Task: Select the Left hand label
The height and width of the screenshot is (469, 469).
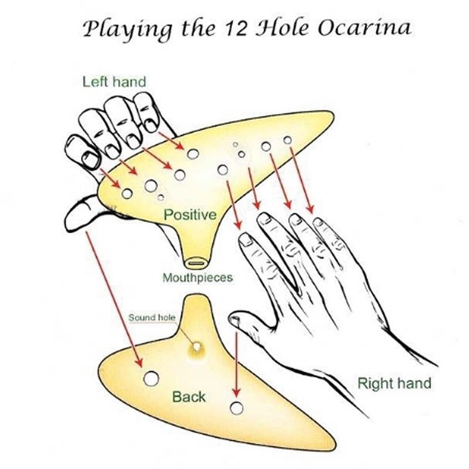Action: coord(114,81)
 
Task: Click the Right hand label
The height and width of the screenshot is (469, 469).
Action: coord(394,384)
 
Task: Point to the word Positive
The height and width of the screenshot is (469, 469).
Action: coord(190,215)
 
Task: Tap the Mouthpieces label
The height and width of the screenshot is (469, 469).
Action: coord(198,277)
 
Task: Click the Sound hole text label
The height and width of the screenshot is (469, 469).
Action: coord(151,317)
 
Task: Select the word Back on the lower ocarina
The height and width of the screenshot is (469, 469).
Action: coord(189,397)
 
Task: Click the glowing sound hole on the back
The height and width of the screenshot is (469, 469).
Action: coord(196,348)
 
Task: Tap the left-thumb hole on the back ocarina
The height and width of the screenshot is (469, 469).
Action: coord(151,379)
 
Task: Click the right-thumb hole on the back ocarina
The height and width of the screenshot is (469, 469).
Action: coord(236,408)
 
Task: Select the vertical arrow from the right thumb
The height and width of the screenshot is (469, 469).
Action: coord(236,363)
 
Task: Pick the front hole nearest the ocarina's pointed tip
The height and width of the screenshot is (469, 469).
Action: coord(287,140)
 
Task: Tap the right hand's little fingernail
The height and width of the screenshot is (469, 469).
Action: coord(318,222)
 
